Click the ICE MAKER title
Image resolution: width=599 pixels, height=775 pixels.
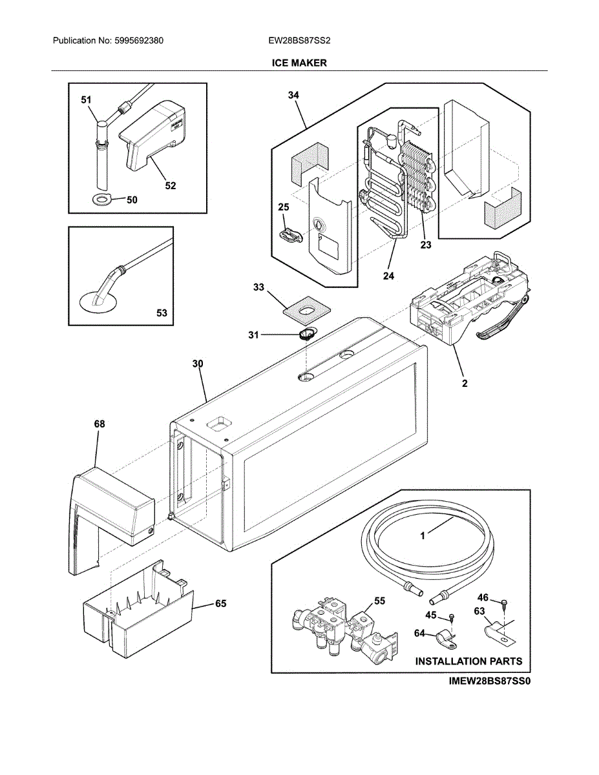pyautogui.click(x=299, y=63)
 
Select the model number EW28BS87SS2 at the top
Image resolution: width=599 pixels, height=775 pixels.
pyautogui.click(x=299, y=41)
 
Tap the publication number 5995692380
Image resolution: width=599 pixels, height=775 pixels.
pyautogui.click(x=137, y=41)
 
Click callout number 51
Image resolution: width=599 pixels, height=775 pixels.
pyautogui.click(x=86, y=100)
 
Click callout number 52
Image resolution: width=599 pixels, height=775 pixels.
pyautogui.click(x=169, y=186)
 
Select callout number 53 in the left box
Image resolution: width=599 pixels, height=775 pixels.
pyautogui.click(x=162, y=313)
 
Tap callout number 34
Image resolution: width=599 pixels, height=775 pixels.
pyautogui.click(x=293, y=95)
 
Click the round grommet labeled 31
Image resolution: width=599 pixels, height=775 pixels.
pyautogui.click(x=307, y=334)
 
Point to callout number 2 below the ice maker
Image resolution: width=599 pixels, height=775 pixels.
pyautogui.click(x=464, y=383)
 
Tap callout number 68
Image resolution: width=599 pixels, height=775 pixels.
pyautogui.click(x=99, y=424)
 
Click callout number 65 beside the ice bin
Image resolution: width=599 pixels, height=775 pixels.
pyautogui.click(x=220, y=604)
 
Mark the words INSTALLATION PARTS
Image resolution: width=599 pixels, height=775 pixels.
pyautogui.click(x=468, y=661)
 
